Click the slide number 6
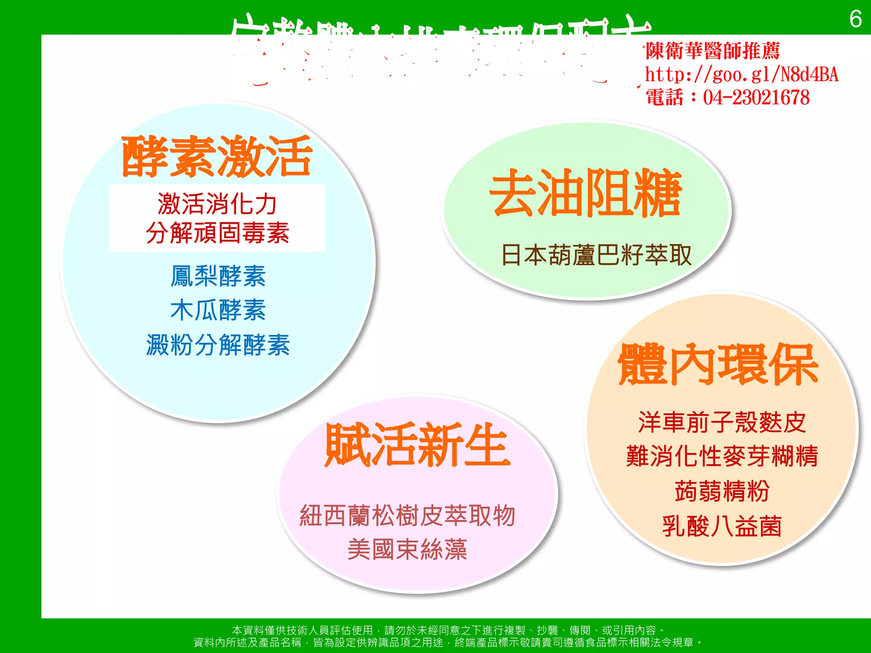[x=855, y=20]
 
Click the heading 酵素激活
[x=217, y=156]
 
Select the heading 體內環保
[x=718, y=365]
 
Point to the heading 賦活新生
[x=417, y=445]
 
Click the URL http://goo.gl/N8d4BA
[x=741, y=75]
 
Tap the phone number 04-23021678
[x=756, y=97]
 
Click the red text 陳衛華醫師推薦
[x=712, y=51]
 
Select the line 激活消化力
[x=217, y=204]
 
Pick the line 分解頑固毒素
[x=217, y=233]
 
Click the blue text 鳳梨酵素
[x=218, y=276]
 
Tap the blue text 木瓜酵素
[x=218, y=310]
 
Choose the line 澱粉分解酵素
[x=218, y=344]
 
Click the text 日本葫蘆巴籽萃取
[x=596, y=255]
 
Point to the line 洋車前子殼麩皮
[x=722, y=422]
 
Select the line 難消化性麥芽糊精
[x=722, y=456]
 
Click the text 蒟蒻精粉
[x=722, y=491]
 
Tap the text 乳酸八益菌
[x=722, y=526]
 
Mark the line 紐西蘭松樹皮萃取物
[x=407, y=516]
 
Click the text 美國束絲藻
[x=407, y=549]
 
